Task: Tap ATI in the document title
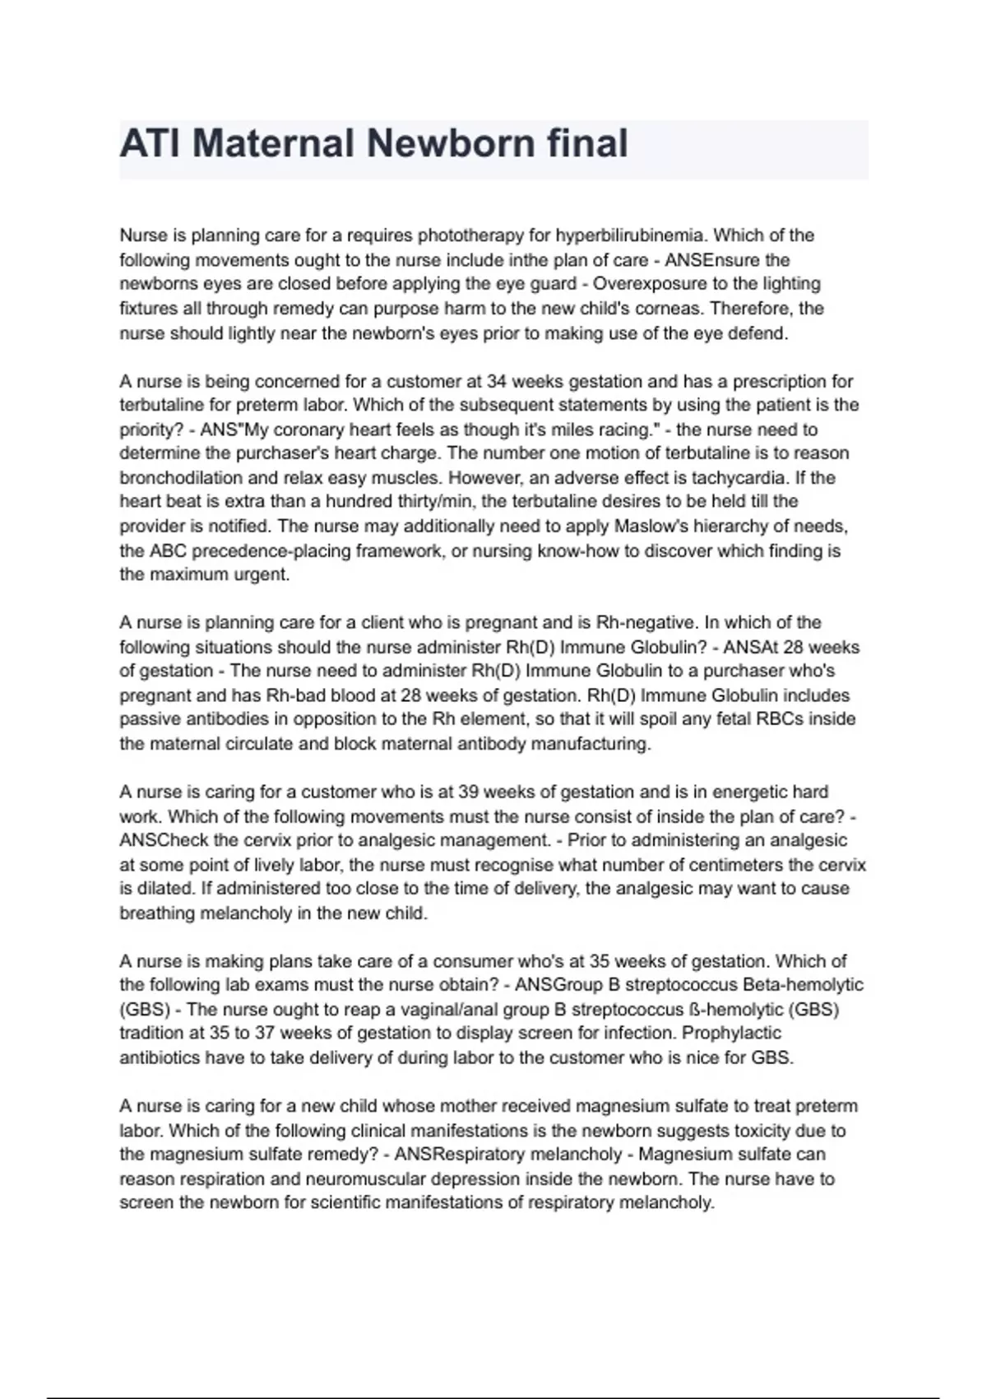pos(149,144)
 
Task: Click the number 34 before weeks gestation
pos(497,381)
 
